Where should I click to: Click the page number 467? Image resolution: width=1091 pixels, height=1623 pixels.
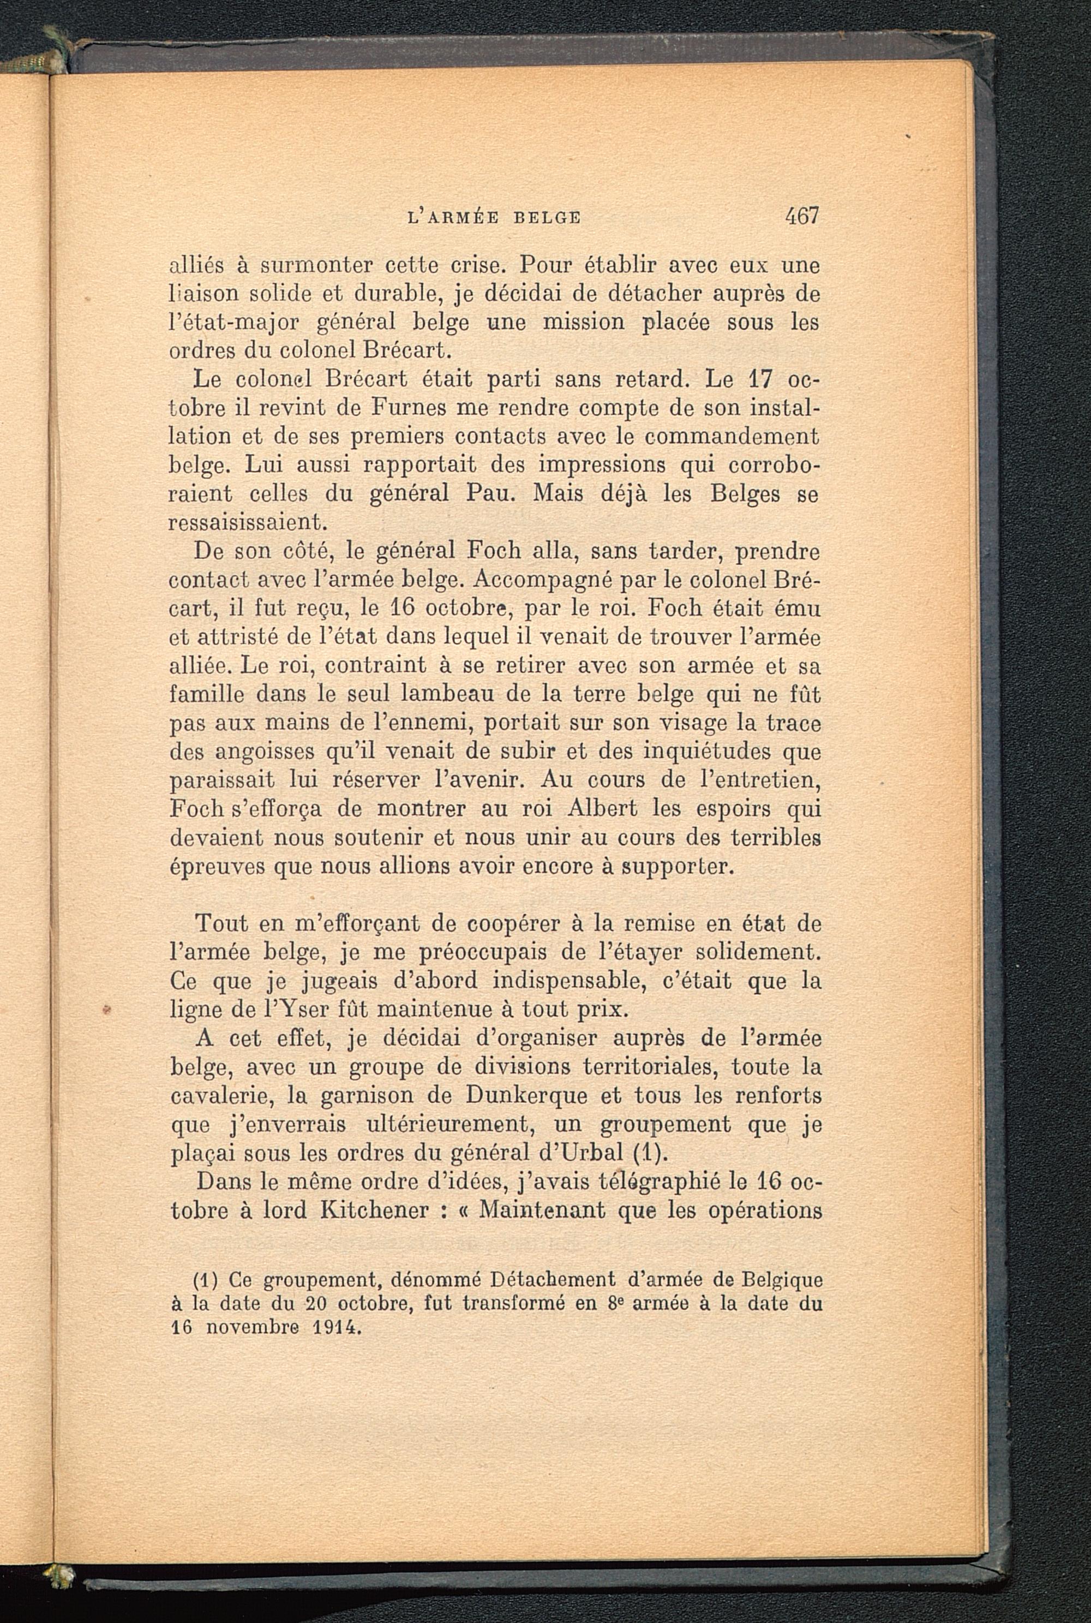[x=802, y=216]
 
